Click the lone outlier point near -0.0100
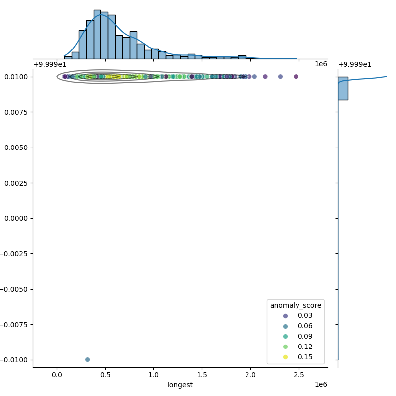click(87, 359)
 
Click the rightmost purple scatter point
click(296, 76)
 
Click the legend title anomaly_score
click(296, 305)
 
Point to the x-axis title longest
click(180, 385)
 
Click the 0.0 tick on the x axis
click(57, 375)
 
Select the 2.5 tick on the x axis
click(299, 375)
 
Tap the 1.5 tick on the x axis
click(202, 375)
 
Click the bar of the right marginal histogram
click(343, 88)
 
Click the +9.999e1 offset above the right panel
click(354, 64)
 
